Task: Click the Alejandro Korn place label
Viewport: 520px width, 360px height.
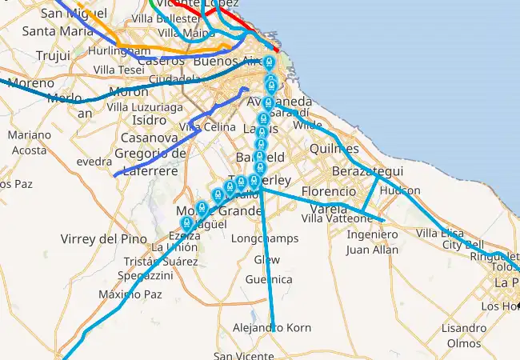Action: (271, 328)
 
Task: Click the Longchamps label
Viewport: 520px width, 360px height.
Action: (264, 238)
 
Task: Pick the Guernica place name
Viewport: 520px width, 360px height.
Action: (269, 279)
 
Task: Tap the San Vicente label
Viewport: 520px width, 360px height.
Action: (243, 356)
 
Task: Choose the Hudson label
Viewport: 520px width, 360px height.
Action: (400, 190)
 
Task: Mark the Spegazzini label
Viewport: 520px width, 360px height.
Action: (145, 275)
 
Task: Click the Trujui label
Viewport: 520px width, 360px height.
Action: (54, 55)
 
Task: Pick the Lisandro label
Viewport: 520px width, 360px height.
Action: (463, 328)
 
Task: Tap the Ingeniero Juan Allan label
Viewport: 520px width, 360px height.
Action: (372, 242)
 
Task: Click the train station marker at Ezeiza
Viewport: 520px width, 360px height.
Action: (187, 223)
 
